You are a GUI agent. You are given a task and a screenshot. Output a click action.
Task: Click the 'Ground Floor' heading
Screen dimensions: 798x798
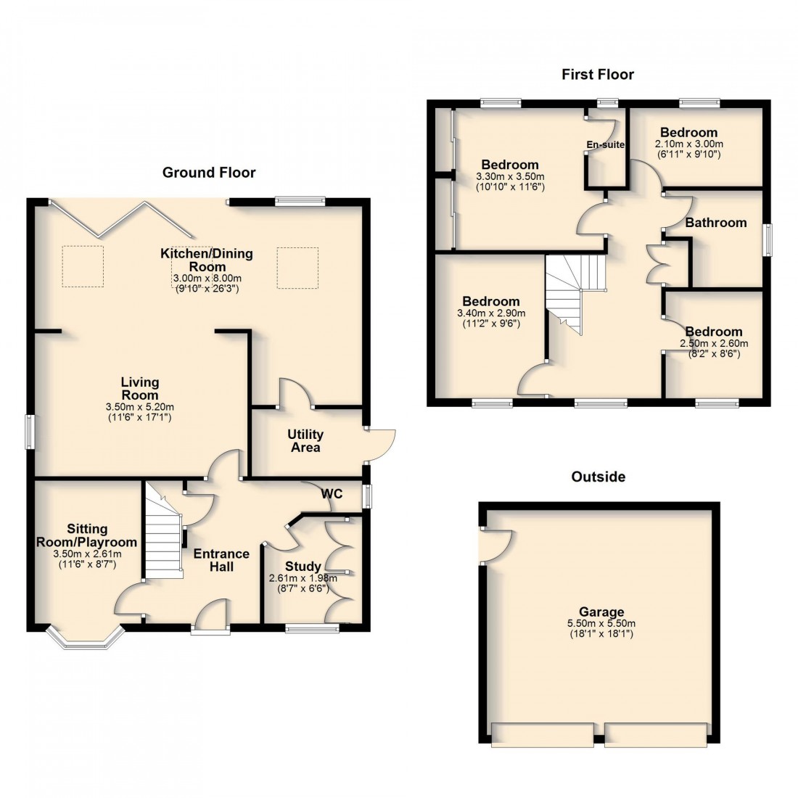coord(209,172)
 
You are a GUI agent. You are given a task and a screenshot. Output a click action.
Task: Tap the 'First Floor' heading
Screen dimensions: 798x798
coord(598,74)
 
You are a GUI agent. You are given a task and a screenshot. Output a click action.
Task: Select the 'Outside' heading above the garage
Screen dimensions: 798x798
coord(598,477)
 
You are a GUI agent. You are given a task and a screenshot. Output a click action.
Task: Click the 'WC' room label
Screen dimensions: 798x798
coord(332,493)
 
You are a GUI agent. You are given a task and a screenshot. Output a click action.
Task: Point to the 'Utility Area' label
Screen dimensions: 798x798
coord(305,440)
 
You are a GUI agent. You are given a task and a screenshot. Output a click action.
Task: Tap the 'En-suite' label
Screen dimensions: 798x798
coord(605,144)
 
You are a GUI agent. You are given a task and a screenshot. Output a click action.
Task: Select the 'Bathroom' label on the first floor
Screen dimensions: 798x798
coord(715,223)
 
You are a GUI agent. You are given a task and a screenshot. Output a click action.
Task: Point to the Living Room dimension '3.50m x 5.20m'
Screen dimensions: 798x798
coord(140,407)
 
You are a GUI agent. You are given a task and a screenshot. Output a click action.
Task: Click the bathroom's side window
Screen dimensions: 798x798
coord(766,239)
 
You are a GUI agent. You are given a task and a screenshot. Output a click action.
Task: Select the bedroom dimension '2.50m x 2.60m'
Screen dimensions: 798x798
coord(714,343)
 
